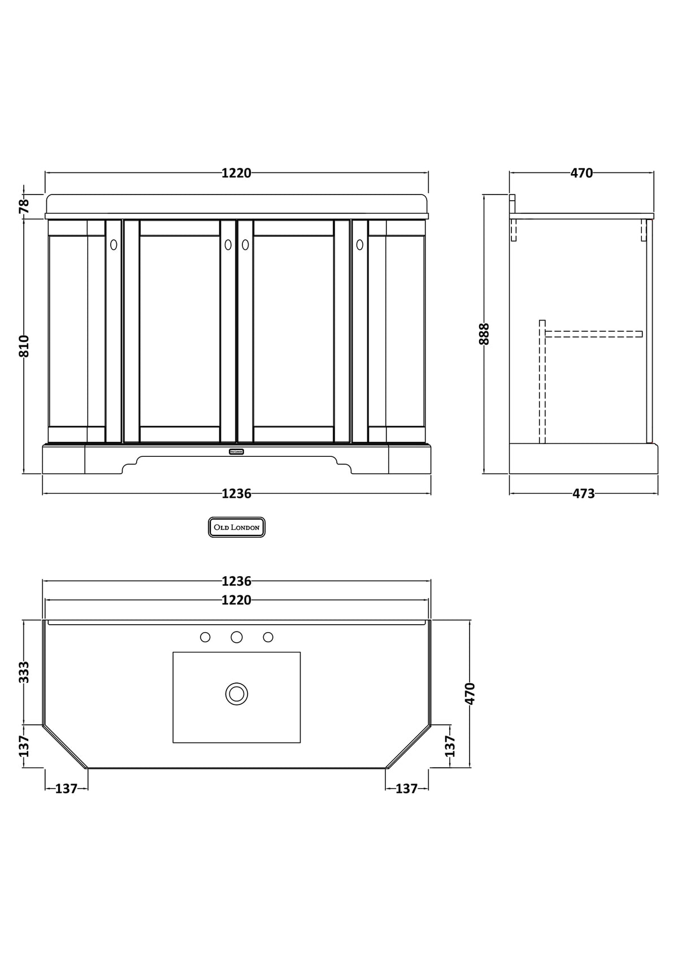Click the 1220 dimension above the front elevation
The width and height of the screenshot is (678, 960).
click(236, 173)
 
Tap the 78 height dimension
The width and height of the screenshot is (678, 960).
click(24, 206)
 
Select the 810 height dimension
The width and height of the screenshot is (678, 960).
click(24, 346)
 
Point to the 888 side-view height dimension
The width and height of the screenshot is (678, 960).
click(484, 334)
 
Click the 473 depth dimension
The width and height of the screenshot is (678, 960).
click(584, 494)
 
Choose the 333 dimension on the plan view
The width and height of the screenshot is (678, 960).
click(24, 672)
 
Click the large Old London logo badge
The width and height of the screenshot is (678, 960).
click(237, 527)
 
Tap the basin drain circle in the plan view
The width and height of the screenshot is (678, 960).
click(237, 693)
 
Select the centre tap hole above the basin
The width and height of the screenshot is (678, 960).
click(237, 637)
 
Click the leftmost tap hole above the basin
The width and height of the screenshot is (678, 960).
click(206, 637)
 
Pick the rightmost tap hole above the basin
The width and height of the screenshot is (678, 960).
click(268, 637)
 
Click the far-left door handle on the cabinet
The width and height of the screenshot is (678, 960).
click(114, 245)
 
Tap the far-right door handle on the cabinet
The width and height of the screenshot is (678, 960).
click(360, 245)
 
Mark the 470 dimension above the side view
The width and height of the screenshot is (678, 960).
click(581, 173)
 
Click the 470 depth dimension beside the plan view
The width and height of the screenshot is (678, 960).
click(470, 693)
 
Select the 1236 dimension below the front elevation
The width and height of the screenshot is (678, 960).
click(236, 494)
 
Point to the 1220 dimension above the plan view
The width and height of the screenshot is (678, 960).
click(236, 600)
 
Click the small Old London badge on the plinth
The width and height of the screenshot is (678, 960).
click(237, 451)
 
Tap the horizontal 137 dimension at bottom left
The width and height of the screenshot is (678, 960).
click(66, 788)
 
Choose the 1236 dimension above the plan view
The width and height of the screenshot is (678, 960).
click(236, 581)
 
